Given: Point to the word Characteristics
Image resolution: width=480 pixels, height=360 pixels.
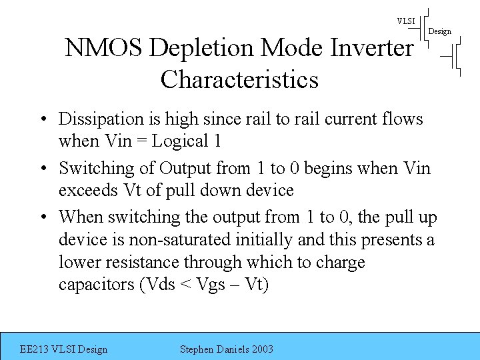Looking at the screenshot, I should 239,80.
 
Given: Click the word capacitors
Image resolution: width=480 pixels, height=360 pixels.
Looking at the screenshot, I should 97,285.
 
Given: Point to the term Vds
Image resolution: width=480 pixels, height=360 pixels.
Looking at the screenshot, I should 160,285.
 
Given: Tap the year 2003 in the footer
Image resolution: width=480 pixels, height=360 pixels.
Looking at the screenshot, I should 262,349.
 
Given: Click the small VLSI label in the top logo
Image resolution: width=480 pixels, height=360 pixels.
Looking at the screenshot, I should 405,21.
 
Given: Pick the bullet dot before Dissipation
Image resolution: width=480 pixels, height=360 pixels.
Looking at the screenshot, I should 42,120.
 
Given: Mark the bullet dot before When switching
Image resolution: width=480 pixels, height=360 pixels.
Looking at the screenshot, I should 42,217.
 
